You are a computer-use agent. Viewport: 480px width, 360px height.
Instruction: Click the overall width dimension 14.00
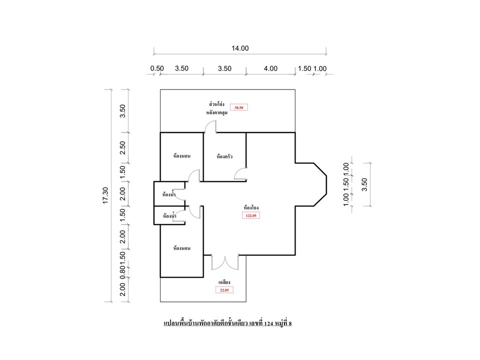point(240,48)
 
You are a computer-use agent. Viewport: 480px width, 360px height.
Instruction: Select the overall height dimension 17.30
point(105,195)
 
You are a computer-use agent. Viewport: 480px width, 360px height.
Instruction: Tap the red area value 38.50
point(239,108)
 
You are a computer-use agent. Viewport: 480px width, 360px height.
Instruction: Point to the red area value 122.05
point(251,215)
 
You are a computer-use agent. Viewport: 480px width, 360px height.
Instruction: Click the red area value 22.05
point(224,290)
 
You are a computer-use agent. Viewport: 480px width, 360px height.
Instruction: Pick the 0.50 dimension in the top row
point(157,68)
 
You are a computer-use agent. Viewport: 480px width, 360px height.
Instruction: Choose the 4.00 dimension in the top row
point(270,68)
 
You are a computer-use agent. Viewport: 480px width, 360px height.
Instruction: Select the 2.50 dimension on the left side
point(122,147)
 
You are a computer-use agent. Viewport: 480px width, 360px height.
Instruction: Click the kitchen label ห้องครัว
point(224,156)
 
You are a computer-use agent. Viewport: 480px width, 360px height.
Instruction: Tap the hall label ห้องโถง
point(251,207)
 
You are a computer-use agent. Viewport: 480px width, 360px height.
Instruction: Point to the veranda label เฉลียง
point(224,282)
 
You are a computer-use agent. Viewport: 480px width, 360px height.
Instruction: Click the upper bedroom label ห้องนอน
point(182,156)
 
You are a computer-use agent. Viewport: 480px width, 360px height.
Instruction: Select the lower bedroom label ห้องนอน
point(182,248)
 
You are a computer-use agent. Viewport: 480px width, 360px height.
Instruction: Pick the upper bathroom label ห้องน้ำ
point(169,194)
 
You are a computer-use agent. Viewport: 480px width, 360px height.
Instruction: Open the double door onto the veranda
point(225,262)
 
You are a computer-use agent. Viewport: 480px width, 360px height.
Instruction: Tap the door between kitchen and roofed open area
point(210,126)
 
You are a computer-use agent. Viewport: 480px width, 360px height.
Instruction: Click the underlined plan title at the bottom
point(228,323)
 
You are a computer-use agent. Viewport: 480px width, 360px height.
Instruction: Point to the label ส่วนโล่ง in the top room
point(216,104)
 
